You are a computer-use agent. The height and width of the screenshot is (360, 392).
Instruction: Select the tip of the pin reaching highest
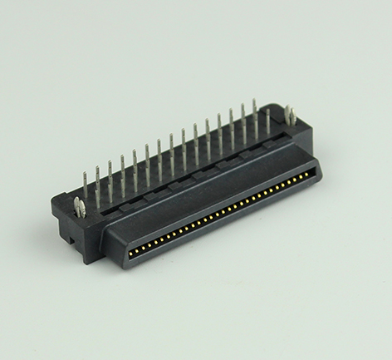tap(255, 101)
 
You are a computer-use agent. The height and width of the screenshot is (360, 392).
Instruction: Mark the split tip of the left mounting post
tap(76, 200)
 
